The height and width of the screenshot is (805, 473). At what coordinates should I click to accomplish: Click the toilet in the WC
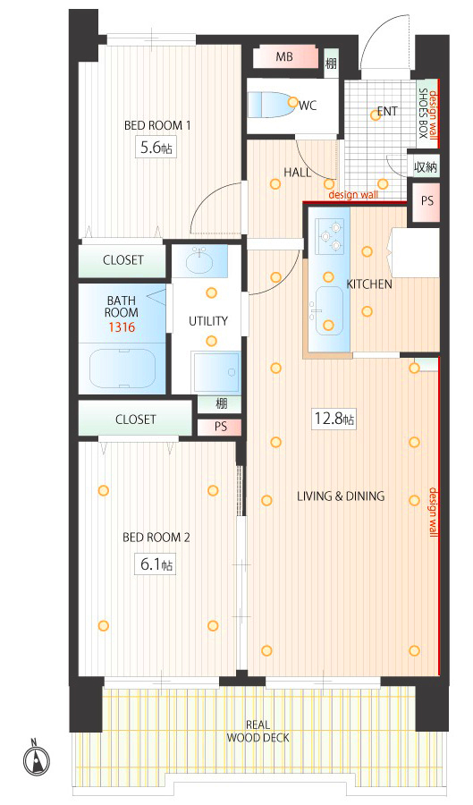tap(269, 105)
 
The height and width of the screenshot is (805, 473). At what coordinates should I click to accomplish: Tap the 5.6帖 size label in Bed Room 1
tap(156, 148)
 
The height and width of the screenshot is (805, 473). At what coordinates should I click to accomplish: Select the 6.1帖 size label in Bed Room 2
tap(156, 564)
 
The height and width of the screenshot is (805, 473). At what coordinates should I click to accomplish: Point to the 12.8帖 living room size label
tap(334, 419)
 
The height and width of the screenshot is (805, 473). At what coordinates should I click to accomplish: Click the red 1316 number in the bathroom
tap(122, 327)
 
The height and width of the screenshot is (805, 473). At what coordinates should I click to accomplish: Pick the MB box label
tap(284, 56)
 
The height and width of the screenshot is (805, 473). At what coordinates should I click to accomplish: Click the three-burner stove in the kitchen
tap(330, 236)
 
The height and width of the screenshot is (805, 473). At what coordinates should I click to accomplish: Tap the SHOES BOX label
tap(423, 114)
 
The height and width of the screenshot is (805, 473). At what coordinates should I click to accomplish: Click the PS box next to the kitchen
tap(427, 201)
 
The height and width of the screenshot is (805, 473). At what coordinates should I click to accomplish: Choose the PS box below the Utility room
tap(220, 427)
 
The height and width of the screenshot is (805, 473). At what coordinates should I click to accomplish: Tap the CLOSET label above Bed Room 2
tap(135, 419)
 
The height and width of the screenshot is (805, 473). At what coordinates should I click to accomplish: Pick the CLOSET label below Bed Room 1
tap(123, 259)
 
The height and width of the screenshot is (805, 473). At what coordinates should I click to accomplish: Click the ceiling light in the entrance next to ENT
tap(376, 115)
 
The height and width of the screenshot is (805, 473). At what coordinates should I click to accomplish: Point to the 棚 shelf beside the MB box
tap(331, 64)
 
